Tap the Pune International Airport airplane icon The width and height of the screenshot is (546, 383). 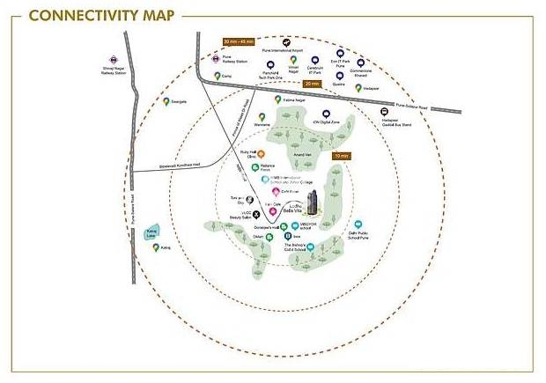point(284,41)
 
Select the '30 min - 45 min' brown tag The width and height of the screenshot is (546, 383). point(239,41)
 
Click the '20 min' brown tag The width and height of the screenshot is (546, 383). point(310,83)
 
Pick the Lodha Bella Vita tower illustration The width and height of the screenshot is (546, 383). point(313,201)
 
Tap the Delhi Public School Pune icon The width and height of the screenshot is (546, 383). point(358,225)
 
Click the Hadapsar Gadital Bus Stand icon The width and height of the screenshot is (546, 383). point(384,112)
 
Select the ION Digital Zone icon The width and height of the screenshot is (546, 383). point(327,114)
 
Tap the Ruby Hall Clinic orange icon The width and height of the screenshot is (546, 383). point(261,155)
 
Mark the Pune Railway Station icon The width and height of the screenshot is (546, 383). point(215,59)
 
